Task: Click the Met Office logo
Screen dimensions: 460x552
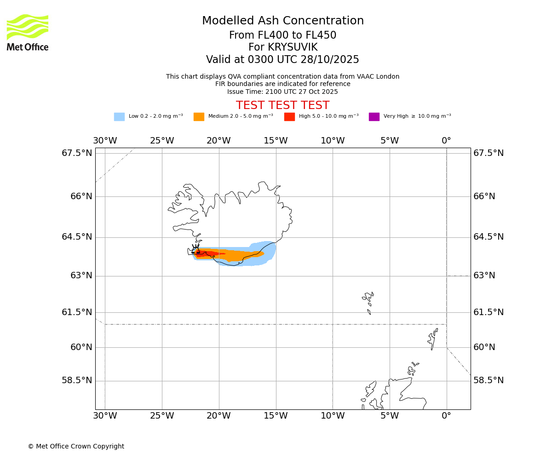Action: pyautogui.click(x=28, y=32)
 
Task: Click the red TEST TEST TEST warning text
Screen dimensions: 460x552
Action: pyautogui.click(x=282, y=105)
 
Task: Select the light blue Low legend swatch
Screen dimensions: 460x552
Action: pyautogui.click(x=119, y=117)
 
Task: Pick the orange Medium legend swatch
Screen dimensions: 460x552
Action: pyautogui.click(x=199, y=117)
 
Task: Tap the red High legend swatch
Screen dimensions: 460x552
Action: pyautogui.click(x=289, y=117)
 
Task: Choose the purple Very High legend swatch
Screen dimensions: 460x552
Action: pyautogui.click(x=374, y=117)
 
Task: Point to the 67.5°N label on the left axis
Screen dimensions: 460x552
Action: pyautogui.click(x=77, y=153)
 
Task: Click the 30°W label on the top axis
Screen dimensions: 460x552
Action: pyautogui.click(x=105, y=141)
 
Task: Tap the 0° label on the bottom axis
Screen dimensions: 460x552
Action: pyautogui.click(x=446, y=416)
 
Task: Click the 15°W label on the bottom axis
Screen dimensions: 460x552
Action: pyautogui.click(x=276, y=416)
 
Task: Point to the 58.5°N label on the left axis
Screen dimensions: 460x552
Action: pyautogui.click(x=77, y=380)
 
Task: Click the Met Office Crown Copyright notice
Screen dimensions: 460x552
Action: pyautogui.click(x=76, y=446)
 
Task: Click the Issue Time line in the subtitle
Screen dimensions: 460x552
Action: pyautogui.click(x=282, y=92)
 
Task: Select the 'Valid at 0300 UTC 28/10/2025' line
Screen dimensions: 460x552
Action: pyautogui.click(x=282, y=60)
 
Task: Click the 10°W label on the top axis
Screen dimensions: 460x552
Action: pyautogui.click(x=333, y=141)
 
